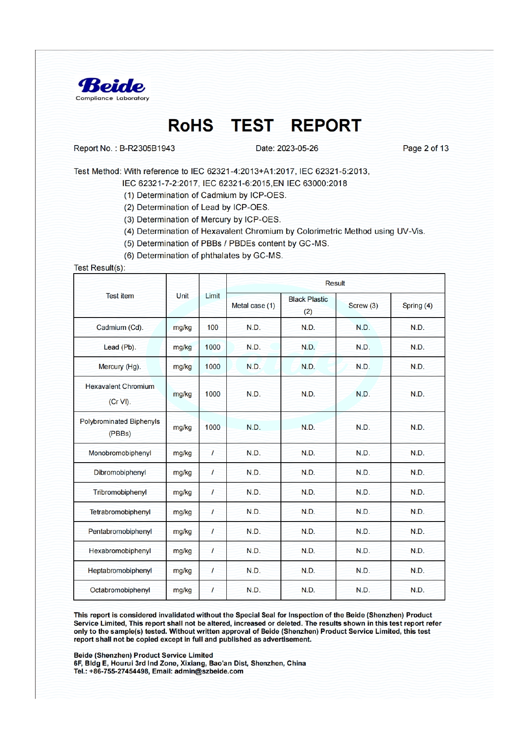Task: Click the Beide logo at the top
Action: point(112,89)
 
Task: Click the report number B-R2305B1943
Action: point(147,149)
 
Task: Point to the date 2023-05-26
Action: point(297,149)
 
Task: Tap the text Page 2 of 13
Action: point(425,149)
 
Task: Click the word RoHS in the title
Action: point(190,126)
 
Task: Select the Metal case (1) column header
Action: point(253,306)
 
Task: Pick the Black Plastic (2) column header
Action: point(308,305)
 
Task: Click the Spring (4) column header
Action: point(417,306)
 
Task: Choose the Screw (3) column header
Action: point(363,306)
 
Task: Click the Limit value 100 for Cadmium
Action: point(212,328)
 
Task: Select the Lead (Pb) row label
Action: point(120,347)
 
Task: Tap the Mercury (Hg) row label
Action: point(120,367)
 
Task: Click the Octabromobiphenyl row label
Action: point(120,590)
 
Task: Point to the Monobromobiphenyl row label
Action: point(120,453)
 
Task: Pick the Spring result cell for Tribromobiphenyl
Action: point(417,493)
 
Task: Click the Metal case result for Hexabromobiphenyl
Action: point(253,551)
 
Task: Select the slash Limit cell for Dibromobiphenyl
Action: point(212,473)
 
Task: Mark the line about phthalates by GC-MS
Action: point(203,256)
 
